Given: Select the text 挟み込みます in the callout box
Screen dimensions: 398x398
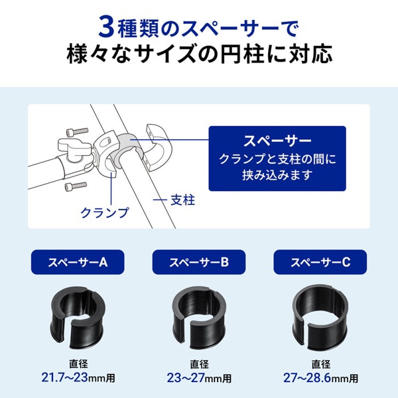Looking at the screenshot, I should click(277, 177).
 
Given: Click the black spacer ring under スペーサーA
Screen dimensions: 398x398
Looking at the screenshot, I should click(78, 314).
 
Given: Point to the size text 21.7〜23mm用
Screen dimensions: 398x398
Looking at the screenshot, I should click(78, 378).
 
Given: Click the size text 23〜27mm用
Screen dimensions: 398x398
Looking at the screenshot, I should click(200, 378).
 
